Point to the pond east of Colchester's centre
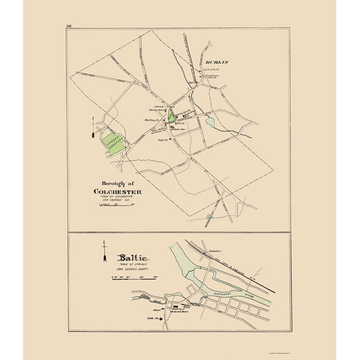coord(209,121)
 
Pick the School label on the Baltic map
coord(157,309)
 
